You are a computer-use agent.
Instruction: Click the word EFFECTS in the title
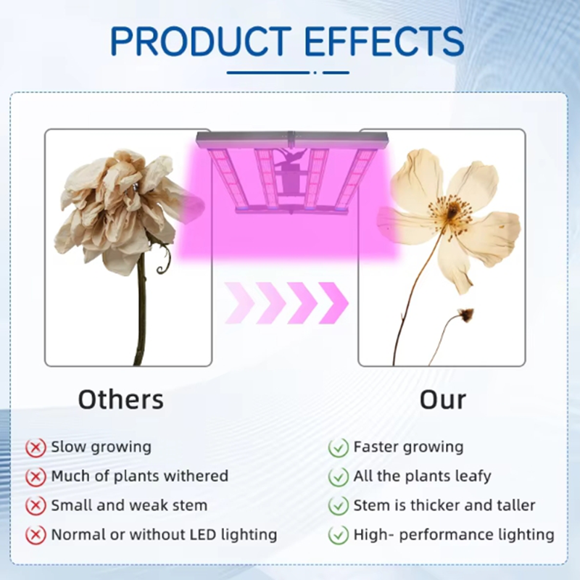385,41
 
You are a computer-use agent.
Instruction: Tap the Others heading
121,399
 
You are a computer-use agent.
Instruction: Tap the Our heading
443,399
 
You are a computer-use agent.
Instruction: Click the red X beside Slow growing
36,447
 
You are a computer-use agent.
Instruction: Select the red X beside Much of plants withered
36,477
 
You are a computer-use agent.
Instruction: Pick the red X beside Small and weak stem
36,505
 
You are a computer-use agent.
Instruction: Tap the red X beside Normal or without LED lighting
36,535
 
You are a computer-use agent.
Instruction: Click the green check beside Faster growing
338,447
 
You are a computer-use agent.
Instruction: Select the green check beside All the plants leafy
338,477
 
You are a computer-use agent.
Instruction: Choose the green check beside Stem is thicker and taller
338,505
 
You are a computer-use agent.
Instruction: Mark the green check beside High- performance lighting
338,535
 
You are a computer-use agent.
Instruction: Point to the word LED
204,534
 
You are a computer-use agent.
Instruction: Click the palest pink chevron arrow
239,303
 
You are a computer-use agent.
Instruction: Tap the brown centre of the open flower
452,212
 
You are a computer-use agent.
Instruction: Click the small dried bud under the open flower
465,315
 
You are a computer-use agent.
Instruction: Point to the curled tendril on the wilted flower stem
164,261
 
